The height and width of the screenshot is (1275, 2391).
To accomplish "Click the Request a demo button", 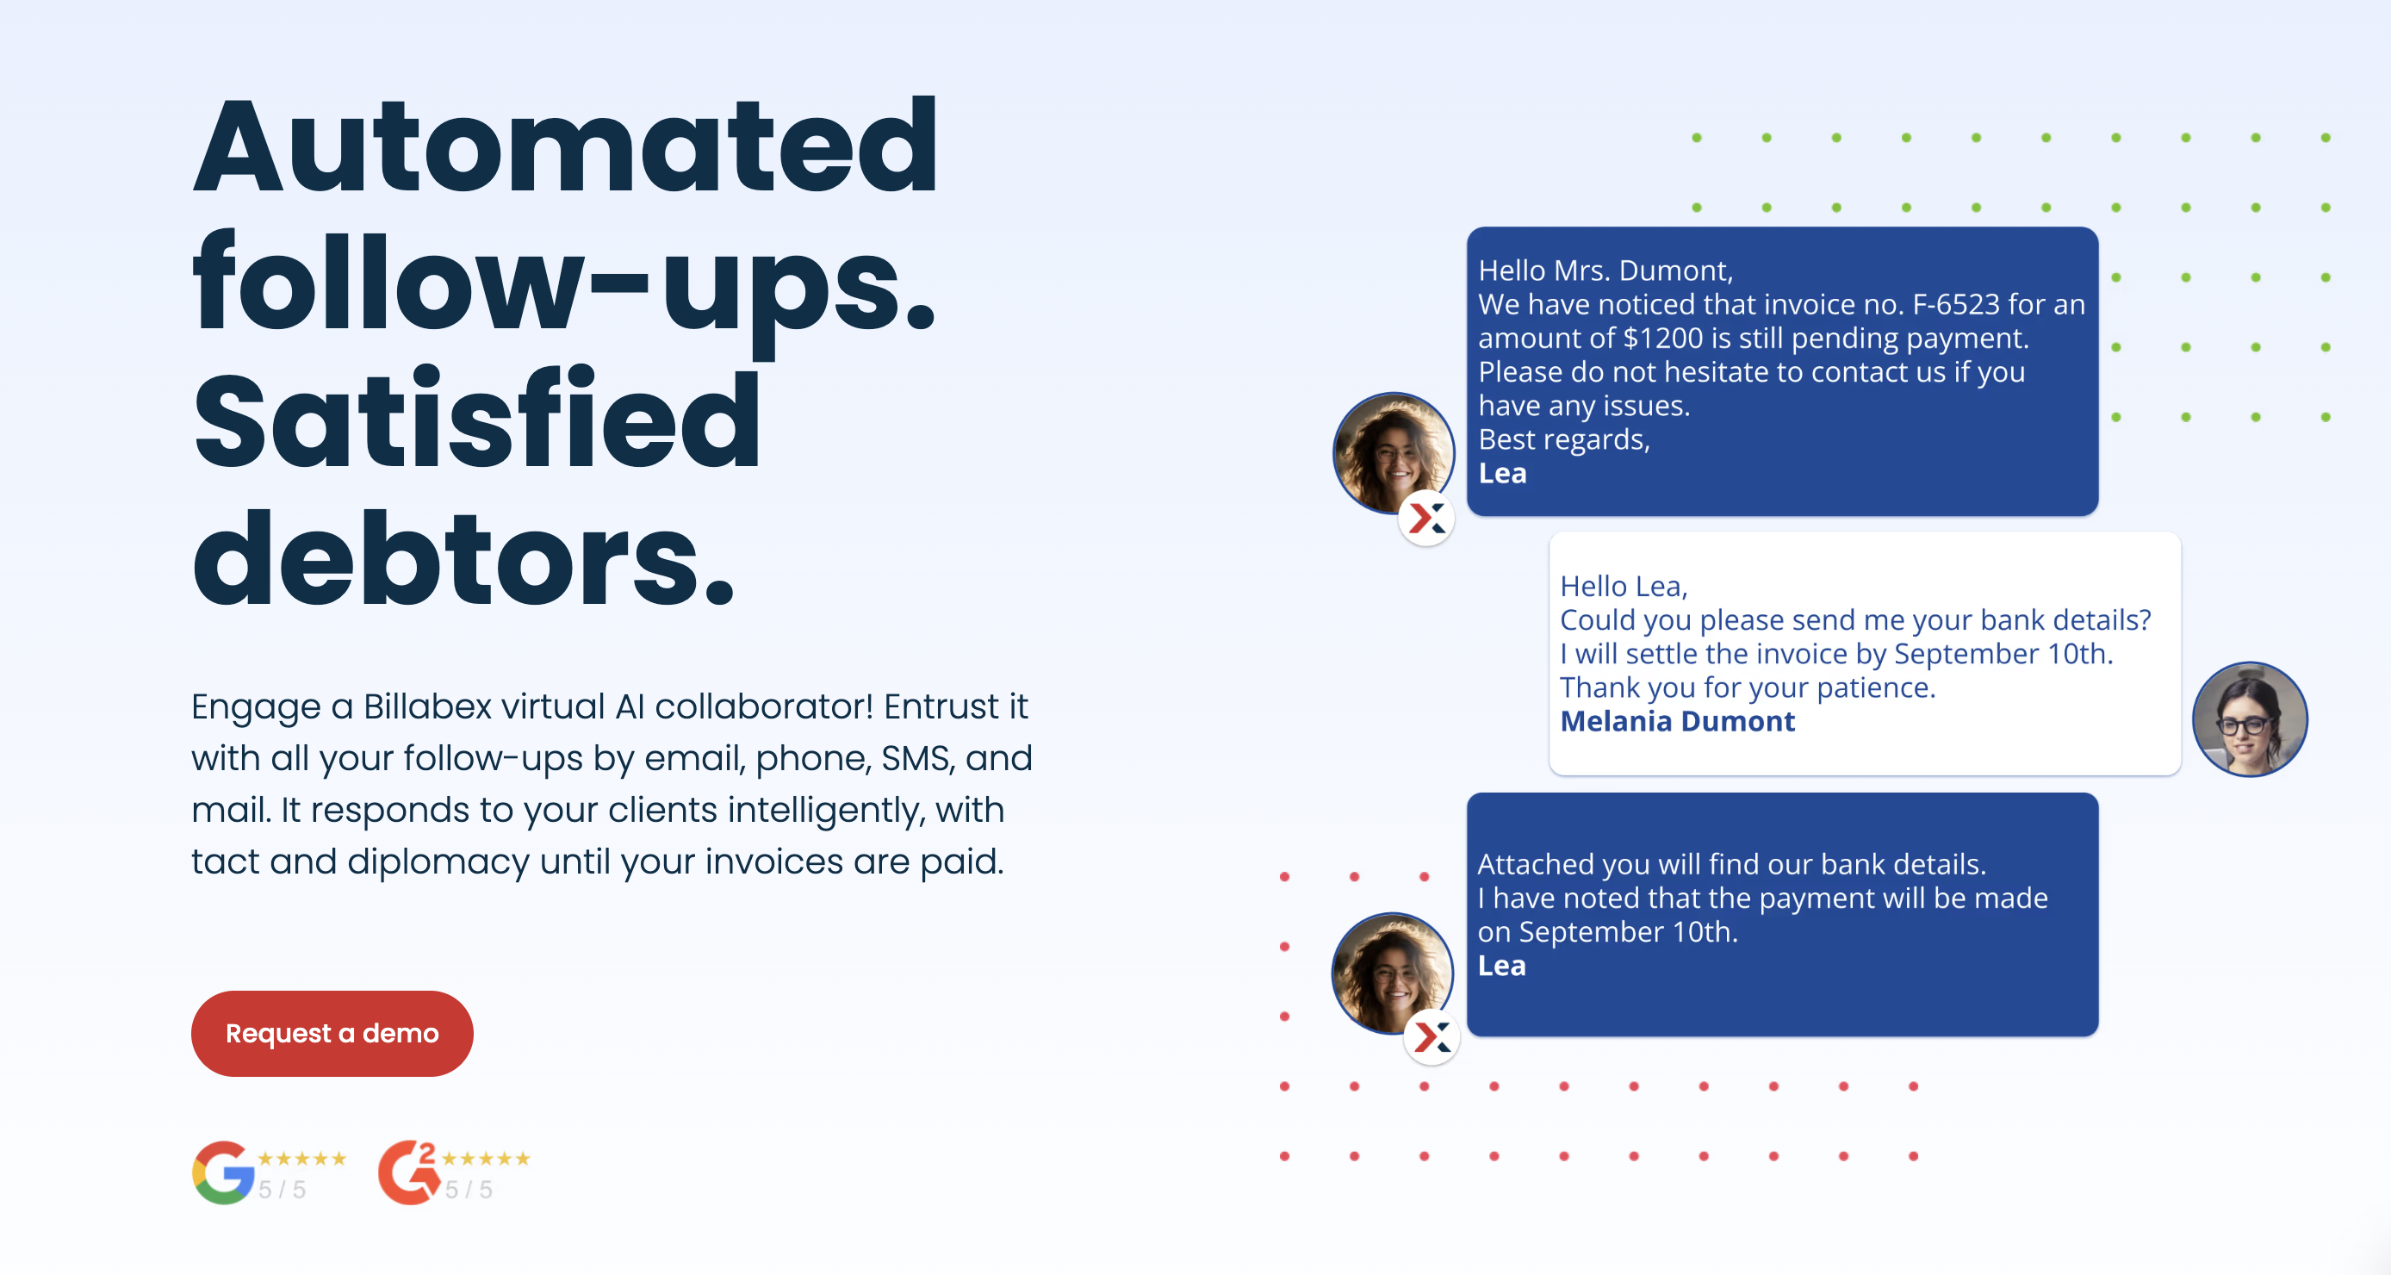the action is point(332,1033).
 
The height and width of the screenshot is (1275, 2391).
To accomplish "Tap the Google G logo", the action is point(224,1172).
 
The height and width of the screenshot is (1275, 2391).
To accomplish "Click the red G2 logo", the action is point(408,1172).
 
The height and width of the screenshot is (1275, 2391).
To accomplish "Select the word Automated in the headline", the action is point(565,146).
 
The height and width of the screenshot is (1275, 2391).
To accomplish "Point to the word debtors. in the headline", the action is point(464,560).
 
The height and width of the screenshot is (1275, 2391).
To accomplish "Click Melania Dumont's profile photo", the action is point(2249,718).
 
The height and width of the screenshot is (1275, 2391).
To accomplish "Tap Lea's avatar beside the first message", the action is point(1394,453).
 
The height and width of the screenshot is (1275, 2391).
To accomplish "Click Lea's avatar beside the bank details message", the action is point(1392,973).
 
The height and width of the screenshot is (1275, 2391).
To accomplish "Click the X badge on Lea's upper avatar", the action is point(1426,517).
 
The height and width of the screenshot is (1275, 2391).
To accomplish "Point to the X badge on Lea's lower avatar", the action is point(1431,1036).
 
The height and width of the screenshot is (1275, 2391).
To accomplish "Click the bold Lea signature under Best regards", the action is point(1502,474).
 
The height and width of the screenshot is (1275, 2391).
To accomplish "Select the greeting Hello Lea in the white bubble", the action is point(1624,586).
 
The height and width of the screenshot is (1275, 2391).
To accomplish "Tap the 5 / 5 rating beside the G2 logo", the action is point(469,1190).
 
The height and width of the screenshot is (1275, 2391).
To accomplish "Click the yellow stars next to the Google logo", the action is point(301,1158).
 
